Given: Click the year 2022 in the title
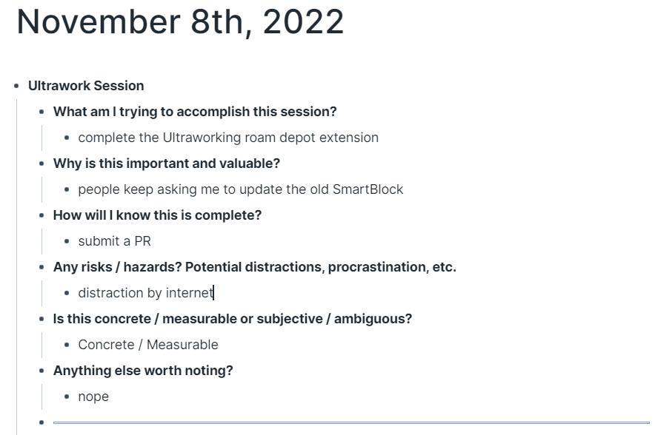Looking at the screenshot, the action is point(303,21).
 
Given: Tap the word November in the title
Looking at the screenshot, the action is point(99,21).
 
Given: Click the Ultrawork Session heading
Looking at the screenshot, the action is point(86,86).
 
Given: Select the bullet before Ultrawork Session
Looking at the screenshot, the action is point(16,86).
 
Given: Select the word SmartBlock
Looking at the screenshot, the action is point(368,189).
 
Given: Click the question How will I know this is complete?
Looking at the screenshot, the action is point(157,215).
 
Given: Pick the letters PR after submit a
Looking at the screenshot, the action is point(143,241).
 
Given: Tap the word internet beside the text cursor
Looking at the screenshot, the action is point(190,292).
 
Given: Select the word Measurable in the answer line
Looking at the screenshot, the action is point(182,345).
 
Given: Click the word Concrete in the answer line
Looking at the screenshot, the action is point(106,345).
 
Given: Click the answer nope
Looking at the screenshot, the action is point(93,397).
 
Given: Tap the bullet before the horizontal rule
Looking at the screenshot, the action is point(41,422).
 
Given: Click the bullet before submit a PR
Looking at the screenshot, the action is point(67,241).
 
